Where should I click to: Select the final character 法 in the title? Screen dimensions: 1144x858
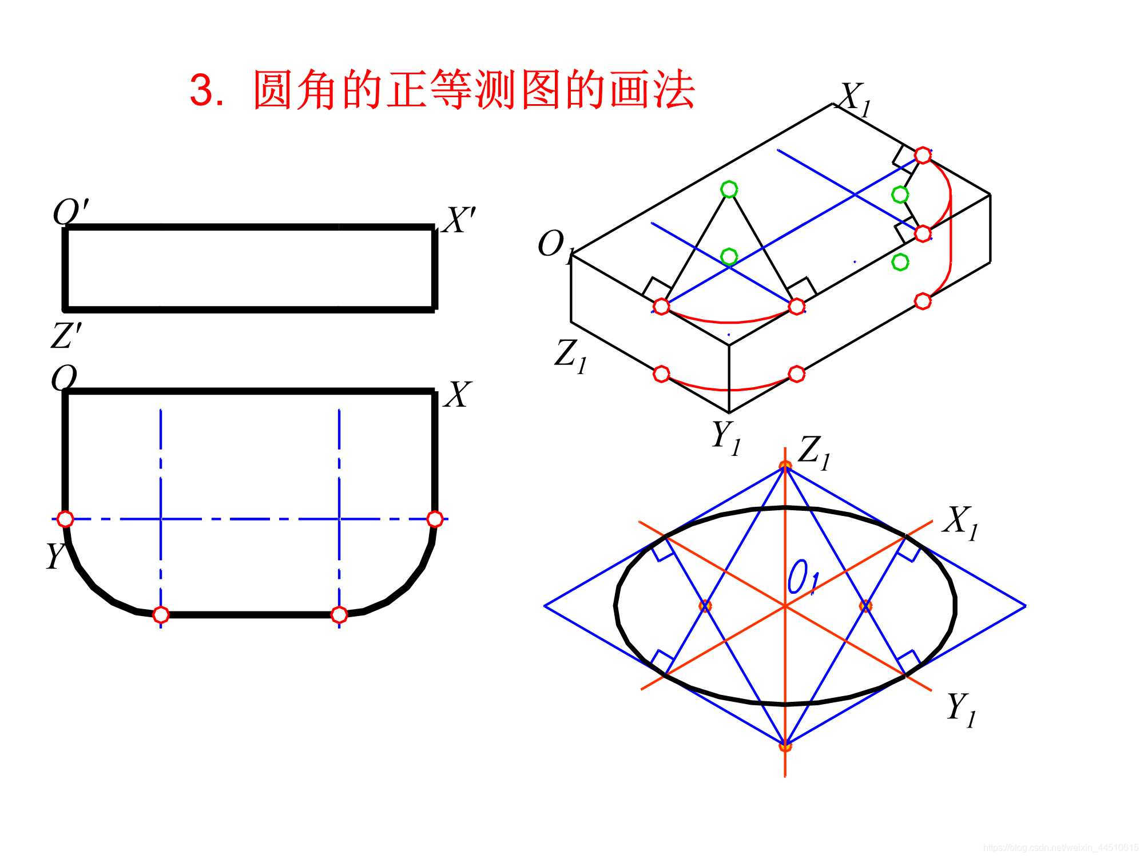click(674, 90)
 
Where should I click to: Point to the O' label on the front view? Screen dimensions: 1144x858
click(70, 212)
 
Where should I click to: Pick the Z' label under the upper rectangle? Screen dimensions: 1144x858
click(65, 335)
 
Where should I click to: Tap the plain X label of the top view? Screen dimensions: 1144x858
click(458, 395)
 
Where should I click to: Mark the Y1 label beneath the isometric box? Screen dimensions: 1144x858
click(725, 438)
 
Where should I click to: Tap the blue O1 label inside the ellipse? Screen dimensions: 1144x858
click(803, 578)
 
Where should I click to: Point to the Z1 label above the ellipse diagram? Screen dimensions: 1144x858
click(813, 452)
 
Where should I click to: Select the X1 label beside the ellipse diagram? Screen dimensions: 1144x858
click(960, 522)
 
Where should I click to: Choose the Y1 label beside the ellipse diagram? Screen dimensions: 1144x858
click(960, 709)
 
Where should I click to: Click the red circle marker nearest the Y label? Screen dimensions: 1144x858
click(66, 519)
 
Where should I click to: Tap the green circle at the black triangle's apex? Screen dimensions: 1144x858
click(728, 189)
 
